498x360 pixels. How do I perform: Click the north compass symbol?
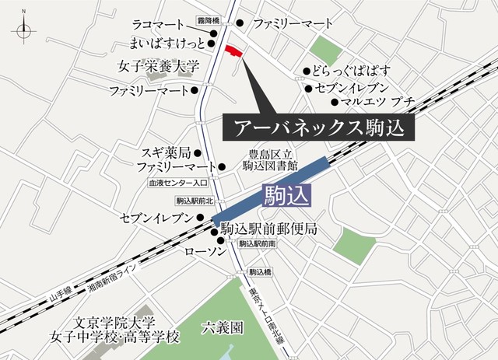click(23, 30)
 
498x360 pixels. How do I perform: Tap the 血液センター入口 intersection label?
click(178, 183)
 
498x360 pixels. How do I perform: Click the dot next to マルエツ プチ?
click(334, 101)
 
